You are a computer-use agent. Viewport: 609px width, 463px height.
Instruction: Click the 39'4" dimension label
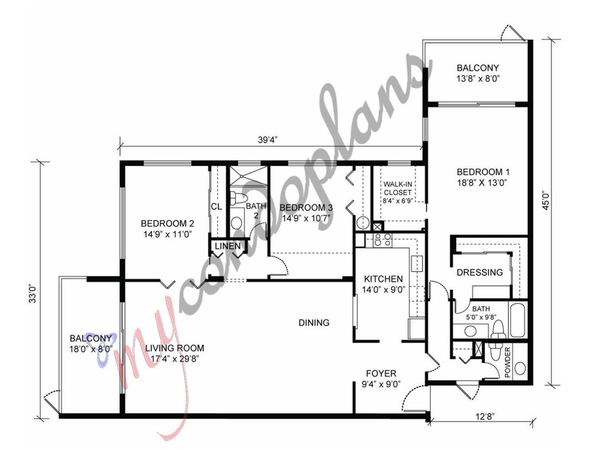(x=265, y=140)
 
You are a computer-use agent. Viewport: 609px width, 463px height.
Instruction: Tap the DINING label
(x=314, y=322)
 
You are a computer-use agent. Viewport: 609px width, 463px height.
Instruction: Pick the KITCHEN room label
(x=383, y=279)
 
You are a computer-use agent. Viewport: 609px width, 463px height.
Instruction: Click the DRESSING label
(x=479, y=272)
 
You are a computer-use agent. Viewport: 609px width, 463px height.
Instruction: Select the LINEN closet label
(x=228, y=246)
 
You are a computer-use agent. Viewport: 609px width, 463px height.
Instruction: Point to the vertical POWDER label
(x=507, y=362)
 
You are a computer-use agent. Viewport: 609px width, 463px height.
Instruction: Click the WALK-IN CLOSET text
(x=397, y=188)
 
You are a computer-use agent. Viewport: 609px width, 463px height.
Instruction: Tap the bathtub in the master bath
(x=517, y=320)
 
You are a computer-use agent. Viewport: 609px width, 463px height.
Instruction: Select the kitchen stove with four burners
(x=383, y=239)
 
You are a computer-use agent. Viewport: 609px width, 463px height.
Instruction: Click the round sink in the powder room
(x=520, y=369)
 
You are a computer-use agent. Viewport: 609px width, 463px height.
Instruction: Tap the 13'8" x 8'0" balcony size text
(x=478, y=78)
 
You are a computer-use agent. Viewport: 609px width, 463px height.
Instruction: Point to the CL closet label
(x=217, y=206)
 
